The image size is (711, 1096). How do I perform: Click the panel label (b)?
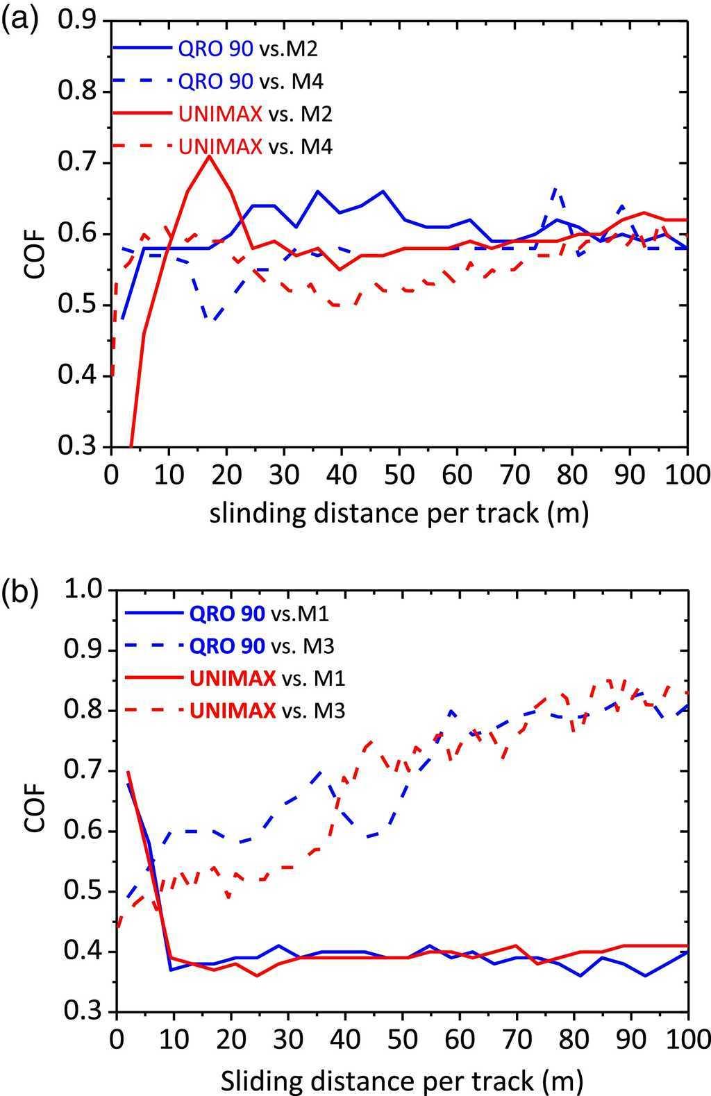19,595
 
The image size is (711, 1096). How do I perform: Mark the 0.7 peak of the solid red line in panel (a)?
208,156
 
